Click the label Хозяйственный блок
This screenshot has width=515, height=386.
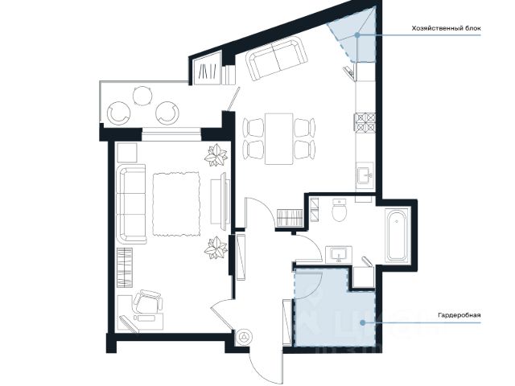tap(446, 29)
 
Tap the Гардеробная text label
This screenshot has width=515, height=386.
tap(459, 315)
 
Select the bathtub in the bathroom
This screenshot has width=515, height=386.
tap(398, 234)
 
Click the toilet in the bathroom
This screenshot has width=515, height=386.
tap(340, 210)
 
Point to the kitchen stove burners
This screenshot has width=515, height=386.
tap(365, 122)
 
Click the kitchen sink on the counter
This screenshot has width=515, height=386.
tap(365, 175)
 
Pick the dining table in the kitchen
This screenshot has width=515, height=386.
tap(279, 138)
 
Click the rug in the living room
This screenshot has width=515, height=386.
tap(176, 204)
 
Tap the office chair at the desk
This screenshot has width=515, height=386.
tap(148, 302)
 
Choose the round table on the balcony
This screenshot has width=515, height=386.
tap(143, 96)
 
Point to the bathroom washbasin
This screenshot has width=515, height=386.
tap(339, 255)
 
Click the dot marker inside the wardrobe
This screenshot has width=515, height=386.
tap(362, 322)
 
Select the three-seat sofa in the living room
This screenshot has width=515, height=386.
tap(131, 204)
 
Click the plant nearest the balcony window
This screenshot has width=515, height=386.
tap(216, 154)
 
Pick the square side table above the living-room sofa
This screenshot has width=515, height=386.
tap(127, 152)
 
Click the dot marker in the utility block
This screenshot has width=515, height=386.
tap(357, 35)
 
